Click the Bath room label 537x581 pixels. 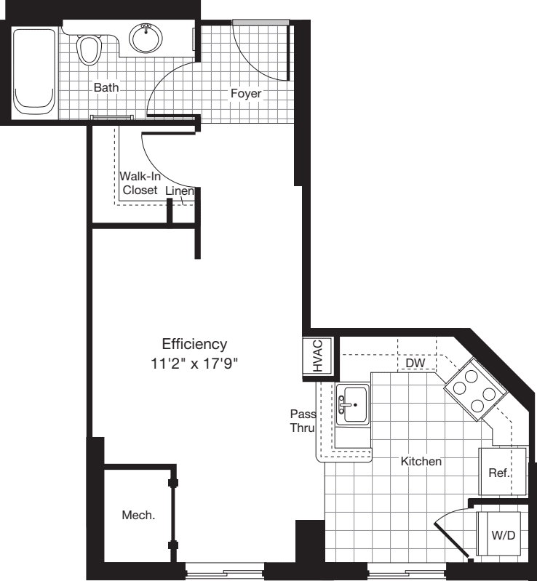click(106, 87)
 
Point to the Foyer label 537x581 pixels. click(246, 93)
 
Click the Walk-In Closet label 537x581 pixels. click(140, 183)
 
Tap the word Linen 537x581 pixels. click(180, 191)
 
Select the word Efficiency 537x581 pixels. click(194, 344)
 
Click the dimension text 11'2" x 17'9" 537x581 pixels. click(194, 361)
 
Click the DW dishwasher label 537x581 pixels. click(415, 362)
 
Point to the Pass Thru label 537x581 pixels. click(301, 421)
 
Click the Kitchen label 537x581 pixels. click(421, 461)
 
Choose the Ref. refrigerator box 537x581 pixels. click(499, 473)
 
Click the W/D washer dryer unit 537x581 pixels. click(501, 535)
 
